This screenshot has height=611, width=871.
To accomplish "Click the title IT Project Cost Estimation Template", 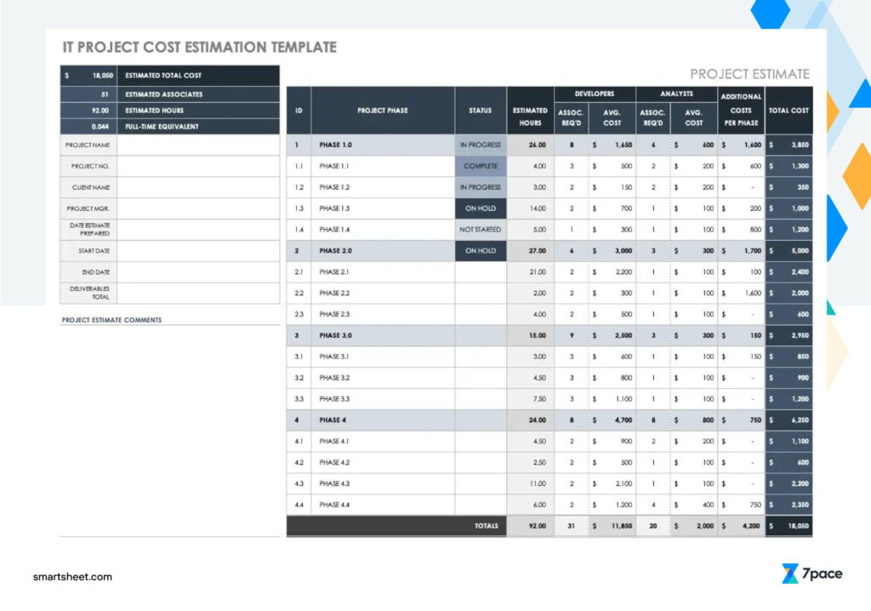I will (199, 48).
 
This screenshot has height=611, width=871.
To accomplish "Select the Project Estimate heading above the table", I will (749, 74).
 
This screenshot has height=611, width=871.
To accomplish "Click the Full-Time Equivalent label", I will (162, 126).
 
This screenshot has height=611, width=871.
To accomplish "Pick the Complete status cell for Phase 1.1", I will (481, 166).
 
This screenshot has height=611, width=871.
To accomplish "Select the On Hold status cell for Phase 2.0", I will (481, 251).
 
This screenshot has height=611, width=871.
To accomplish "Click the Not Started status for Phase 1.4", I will (481, 230).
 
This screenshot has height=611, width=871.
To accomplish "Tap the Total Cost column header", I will (788, 111).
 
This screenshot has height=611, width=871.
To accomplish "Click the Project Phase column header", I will (382, 111).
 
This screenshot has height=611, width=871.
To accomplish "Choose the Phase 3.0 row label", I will (335, 335).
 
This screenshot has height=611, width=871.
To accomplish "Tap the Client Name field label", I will (88, 187).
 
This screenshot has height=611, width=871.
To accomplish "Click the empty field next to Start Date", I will (197, 251).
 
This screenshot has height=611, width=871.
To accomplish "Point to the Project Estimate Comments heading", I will (111, 320).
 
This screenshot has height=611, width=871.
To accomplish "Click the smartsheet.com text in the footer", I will (72, 577).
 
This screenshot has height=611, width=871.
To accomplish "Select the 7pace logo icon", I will (790, 574).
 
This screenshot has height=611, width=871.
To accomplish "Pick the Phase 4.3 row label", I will (334, 483).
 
